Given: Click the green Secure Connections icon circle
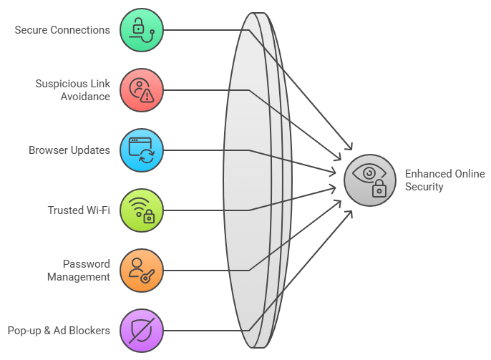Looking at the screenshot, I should click(142, 30).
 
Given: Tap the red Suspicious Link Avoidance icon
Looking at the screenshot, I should click(142, 90).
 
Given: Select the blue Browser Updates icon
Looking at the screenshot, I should click(142, 150).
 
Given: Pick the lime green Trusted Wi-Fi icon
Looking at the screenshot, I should click(142, 210).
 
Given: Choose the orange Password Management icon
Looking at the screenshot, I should click(142, 271).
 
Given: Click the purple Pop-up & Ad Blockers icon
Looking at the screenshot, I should click(142, 331).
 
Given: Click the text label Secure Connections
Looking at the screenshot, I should click(62, 30).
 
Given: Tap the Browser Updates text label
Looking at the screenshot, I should click(69, 150).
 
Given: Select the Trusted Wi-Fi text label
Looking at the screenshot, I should click(79, 210).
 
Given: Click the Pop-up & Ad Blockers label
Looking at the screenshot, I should click(59, 331).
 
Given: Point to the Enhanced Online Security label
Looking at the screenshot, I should click(444, 180).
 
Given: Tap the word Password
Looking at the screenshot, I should click(87, 264).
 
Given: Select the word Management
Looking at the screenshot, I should click(79, 277).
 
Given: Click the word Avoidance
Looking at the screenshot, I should click(85, 97).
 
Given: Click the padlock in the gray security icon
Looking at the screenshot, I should click(379, 190).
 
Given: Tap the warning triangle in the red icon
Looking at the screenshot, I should click(147, 96).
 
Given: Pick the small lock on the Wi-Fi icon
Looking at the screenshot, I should click(149, 218).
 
